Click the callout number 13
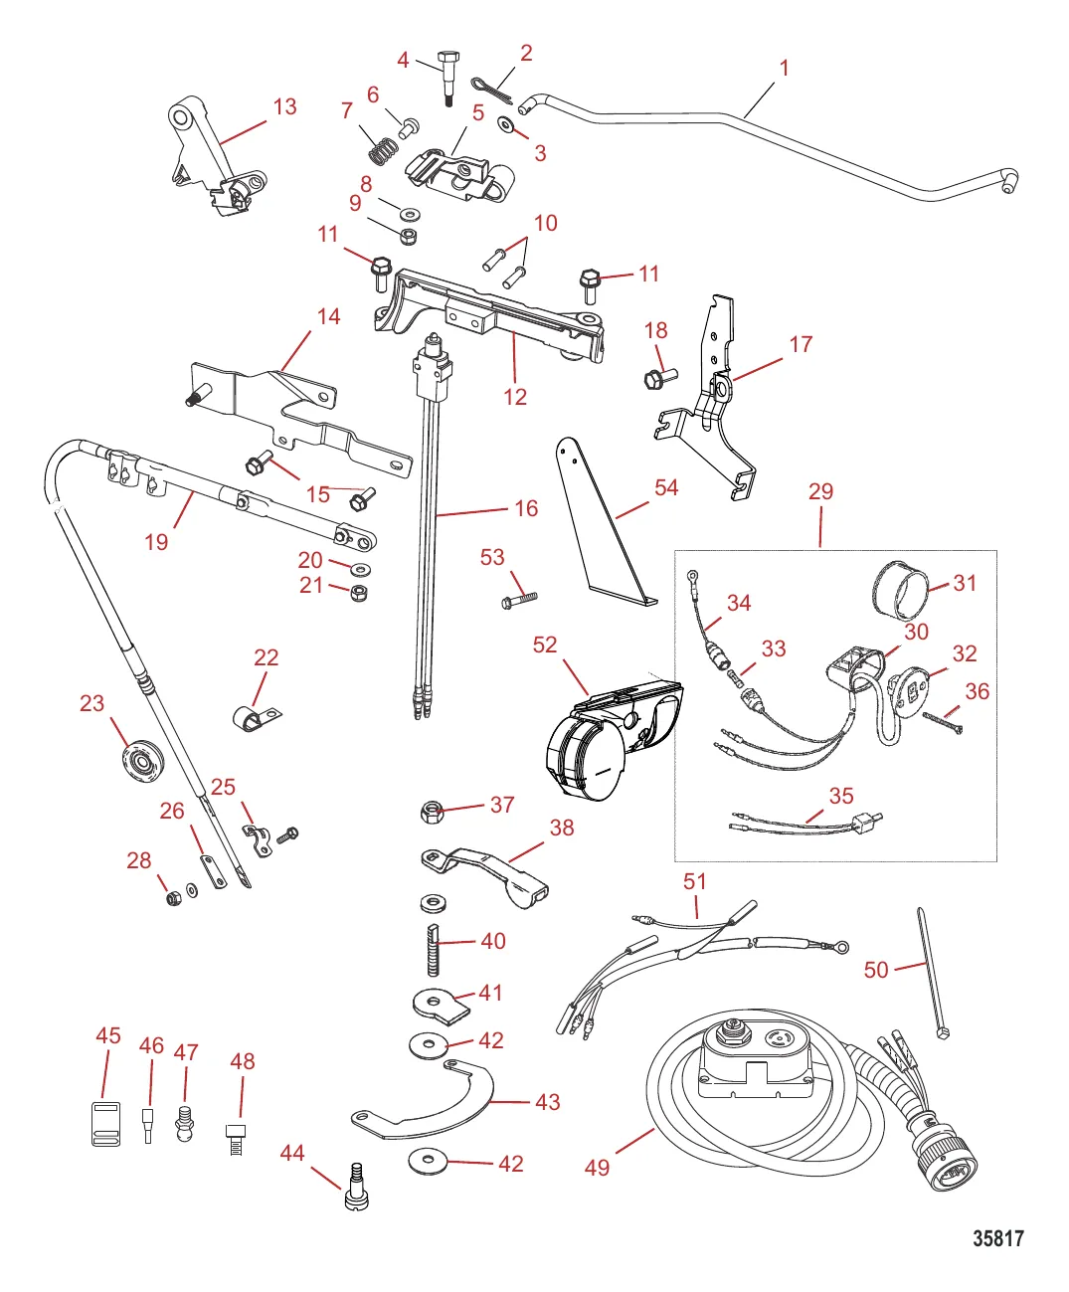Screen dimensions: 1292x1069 pyautogui.click(x=284, y=106)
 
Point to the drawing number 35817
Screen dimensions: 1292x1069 pyautogui.click(x=997, y=1238)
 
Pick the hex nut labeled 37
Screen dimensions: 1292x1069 pyautogui.click(x=431, y=812)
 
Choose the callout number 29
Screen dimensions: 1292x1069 pyautogui.click(x=820, y=491)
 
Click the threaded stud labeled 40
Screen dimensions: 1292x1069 pyautogui.click(x=433, y=949)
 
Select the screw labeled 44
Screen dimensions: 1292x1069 pyautogui.click(x=357, y=1188)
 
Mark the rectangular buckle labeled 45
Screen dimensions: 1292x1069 pyautogui.click(x=105, y=1124)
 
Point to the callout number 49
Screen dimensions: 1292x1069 pyautogui.click(x=597, y=1167)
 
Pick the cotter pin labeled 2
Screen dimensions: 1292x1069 pyautogui.click(x=493, y=89)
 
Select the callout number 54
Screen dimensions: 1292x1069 pyautogui.click(x=666, y=487)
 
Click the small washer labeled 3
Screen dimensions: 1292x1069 pyautogui.click(x=506, y=124)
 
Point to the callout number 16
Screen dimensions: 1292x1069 pyautogui.click(x=526, y=508)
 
